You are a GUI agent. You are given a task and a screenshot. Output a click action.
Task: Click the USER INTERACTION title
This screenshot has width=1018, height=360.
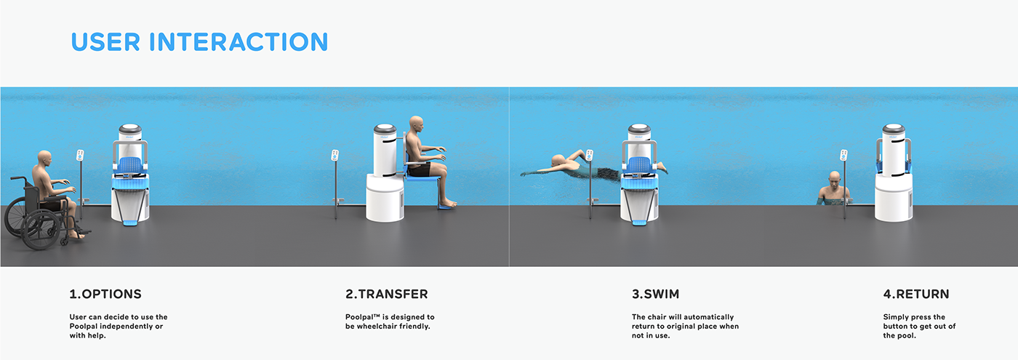tap(199, 42)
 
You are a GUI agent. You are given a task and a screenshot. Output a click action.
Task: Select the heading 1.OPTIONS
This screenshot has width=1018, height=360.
tap(105, 294)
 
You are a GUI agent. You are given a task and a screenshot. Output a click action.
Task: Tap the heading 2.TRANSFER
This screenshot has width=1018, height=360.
tap(387, 294)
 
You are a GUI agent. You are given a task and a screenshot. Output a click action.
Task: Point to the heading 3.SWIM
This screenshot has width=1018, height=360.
tap(655, 294)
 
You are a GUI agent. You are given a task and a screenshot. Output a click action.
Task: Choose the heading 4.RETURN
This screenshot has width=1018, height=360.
tap(916, 294)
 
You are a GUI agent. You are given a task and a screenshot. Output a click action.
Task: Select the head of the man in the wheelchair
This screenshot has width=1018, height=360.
tap(44, 159)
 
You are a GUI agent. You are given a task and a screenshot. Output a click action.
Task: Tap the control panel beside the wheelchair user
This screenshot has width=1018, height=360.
tap(80, 156)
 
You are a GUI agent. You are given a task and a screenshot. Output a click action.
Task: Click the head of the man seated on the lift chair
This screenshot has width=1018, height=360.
tap(416, 124)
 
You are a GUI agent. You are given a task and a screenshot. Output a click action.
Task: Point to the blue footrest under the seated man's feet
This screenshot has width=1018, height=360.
tap(447, 207)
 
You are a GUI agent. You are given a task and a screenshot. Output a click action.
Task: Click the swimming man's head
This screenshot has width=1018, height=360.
tap(558, 161)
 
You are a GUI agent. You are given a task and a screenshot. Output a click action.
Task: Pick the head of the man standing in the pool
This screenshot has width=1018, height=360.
tap(835, 178)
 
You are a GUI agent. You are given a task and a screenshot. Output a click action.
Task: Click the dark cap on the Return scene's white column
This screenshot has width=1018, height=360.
tap(894, 128)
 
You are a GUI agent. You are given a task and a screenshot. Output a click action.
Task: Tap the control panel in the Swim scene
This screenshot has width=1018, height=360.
tap(590, 156)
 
